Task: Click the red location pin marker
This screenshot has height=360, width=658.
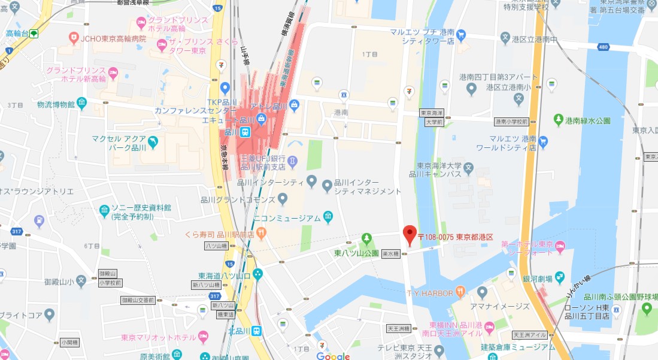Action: pos(410,234)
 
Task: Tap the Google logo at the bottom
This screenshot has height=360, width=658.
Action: pos(333,356)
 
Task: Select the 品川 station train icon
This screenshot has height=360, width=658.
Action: pos(245,132)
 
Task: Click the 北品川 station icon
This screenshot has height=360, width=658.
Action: pos(256,330)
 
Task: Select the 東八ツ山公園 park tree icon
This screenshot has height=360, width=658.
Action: pos(366,240)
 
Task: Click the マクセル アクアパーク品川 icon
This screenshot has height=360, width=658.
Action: pos(153,142)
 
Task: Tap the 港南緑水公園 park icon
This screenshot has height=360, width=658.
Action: pos(558,120)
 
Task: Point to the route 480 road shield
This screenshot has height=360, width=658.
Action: pos(604,46)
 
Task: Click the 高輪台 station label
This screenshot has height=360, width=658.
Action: pos(17,33)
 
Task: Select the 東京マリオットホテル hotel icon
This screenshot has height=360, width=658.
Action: pos(203,337)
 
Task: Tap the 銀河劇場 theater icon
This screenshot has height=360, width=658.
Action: pos(560,277)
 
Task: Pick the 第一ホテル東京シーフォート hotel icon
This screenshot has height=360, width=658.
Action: pos(560,246)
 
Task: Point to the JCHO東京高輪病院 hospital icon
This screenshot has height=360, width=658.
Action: pos(74,38)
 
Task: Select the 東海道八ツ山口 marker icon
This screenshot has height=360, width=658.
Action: pos(257,274)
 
